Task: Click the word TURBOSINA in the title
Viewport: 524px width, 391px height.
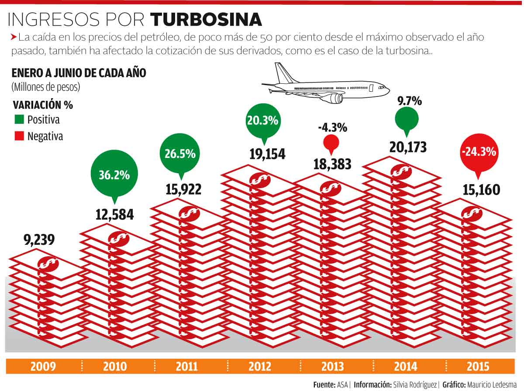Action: pyautogui.click(x=206, y=19)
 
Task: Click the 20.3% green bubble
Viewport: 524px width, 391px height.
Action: pyautogui.click(x=262, y=120)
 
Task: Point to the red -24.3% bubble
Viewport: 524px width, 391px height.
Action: pyautogui.click(x=478, y=152)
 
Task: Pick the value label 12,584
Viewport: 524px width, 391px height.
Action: pyautogui.click(x=114, y=215)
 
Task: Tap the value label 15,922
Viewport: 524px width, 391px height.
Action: pyautogui.click(x=183, y=190)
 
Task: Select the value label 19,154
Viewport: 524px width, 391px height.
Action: pyautogui.click(x=267, y=154)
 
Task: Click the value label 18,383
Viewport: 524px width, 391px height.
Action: pyautogui.click(x=332, y=164)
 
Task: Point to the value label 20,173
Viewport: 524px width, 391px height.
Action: pyautogui.click(x=408, y=147)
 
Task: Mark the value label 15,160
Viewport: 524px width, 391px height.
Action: pyautogui.click(x=481, y=190)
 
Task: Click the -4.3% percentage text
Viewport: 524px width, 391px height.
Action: pyautogui.click(x=332, y=127)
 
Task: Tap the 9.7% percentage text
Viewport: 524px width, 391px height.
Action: pyautogui.click(x=409, y=101)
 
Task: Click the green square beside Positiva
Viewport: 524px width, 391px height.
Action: pyautogui.click(x=19, y=119)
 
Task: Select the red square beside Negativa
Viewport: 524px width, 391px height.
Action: pyautogui.click(x=19, y=136)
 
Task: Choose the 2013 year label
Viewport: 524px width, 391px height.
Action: pyautogui.click(x=333, y=367)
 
